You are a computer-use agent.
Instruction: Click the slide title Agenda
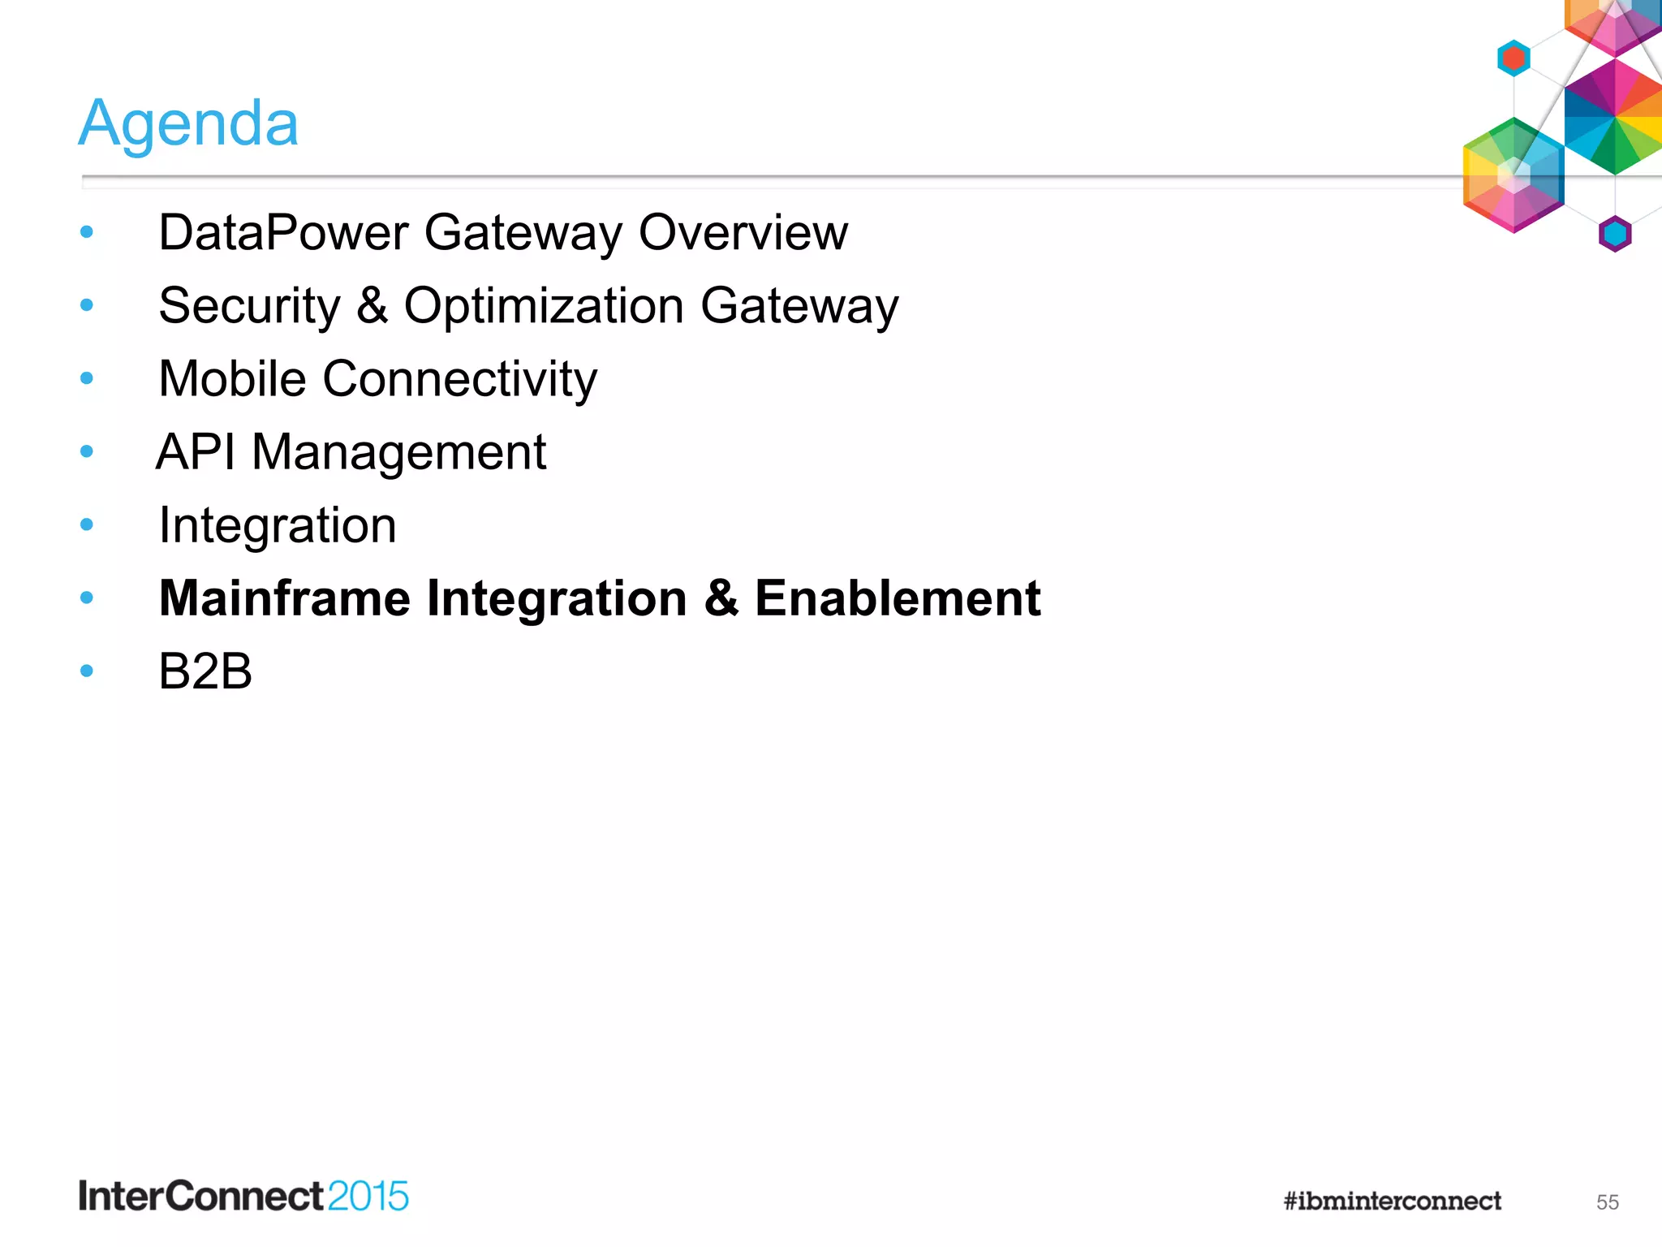tap(188, 123)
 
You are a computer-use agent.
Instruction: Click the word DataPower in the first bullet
tap(283, 233)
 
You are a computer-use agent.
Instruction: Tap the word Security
tap(249, 307)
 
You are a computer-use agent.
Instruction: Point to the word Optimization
tap(544, 307)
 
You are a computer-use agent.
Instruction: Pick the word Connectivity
tap(460, 380)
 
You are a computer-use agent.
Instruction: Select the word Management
tap(398, 453)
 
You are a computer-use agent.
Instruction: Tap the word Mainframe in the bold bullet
tap(285, 598)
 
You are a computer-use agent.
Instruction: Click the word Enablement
tap(897, 598)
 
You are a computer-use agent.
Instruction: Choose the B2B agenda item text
tap(205, 671)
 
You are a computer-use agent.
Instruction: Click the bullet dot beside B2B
tap(87, 671)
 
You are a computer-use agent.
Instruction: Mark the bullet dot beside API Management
tap(87, 451)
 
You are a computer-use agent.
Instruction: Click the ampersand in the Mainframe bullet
tap(721, 598)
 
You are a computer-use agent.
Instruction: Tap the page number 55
tap(1607, 1202)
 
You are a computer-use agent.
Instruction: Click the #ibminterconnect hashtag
tap(1392, 1201)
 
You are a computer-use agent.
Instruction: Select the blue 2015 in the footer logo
tap(368, 1197)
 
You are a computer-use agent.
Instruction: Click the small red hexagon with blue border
tap(1513, 58)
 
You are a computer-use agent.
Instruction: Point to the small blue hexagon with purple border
tap(1615, 235)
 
